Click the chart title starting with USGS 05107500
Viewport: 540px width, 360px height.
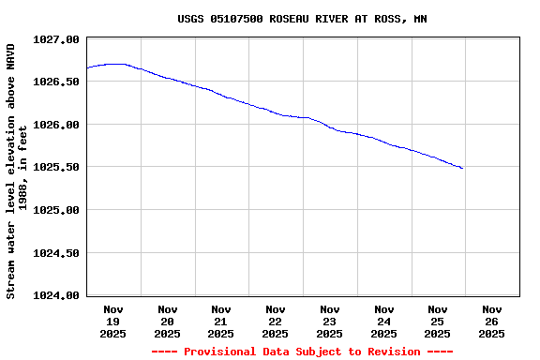point(302,19)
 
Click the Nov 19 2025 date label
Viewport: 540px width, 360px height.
point(113,321)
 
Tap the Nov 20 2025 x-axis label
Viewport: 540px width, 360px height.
point(168,321)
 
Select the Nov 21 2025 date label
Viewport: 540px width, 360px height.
point(221,321)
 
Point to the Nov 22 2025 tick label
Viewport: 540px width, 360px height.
point(276,321)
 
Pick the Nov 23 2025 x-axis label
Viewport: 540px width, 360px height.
point(330,321)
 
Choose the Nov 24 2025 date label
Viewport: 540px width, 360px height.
point(383,321)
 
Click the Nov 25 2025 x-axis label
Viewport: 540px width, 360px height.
point(438,321)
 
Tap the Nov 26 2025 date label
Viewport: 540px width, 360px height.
point(492,321)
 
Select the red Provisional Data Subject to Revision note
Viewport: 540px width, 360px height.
point(302,352)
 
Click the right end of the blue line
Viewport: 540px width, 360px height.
point(462,169)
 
